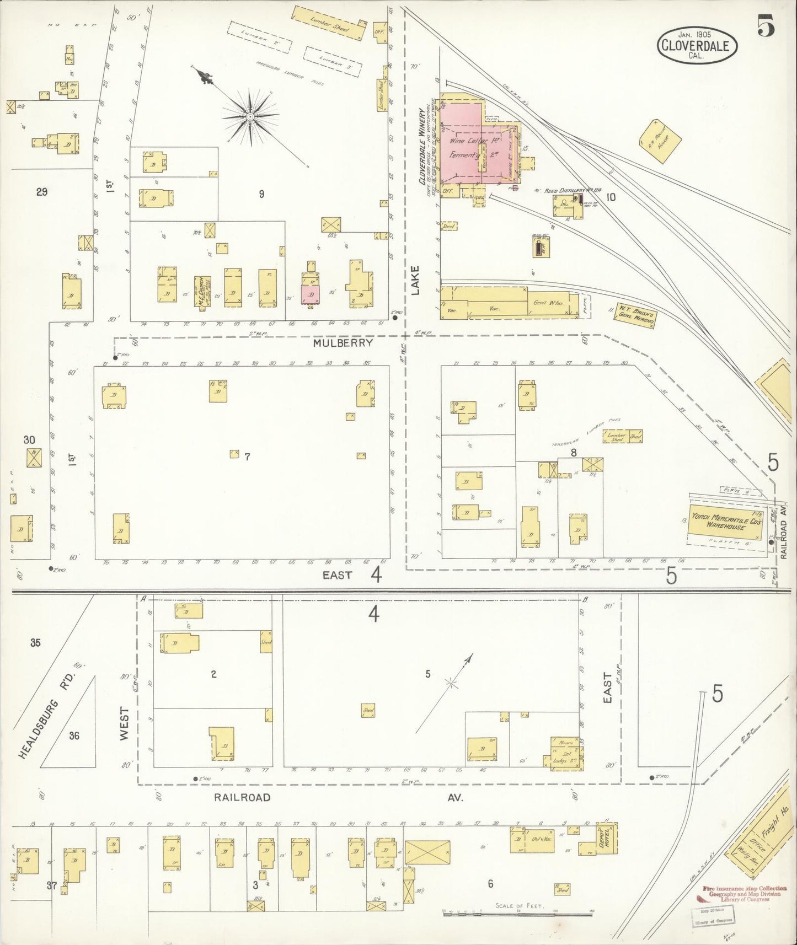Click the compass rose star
(250, 117)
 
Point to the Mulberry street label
(343, 343)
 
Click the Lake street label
(415, 280)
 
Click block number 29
(41, 192)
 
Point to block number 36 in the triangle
(74, 735)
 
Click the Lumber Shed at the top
(328, 23)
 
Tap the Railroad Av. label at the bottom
(243, 797)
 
